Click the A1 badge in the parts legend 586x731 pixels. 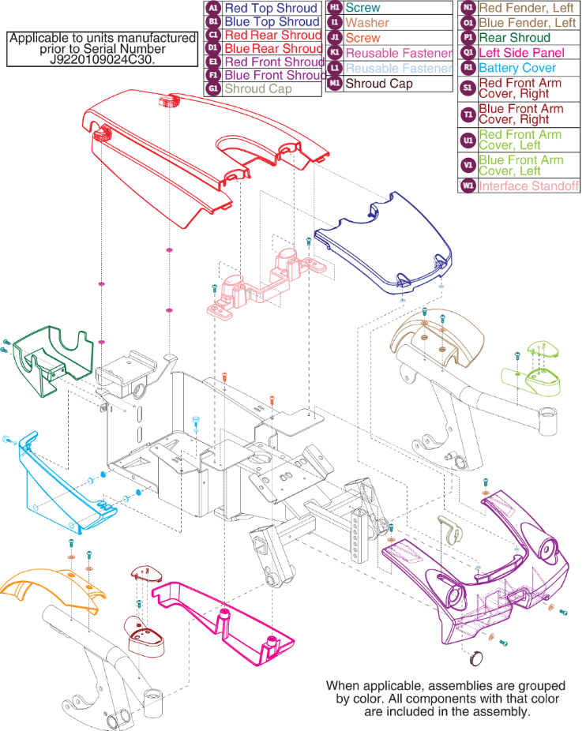click(x=212, y=9)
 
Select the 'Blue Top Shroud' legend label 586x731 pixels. click(x=271, y=22)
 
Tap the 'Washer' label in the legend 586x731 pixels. click(x=367, y=23)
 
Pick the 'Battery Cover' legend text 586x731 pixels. click(x=517, y=68)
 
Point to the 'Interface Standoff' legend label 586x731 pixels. click(x=528, y=186)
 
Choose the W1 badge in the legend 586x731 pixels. click(x=467, y=186)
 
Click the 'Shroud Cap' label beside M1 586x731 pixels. click(x=379, y=83)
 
